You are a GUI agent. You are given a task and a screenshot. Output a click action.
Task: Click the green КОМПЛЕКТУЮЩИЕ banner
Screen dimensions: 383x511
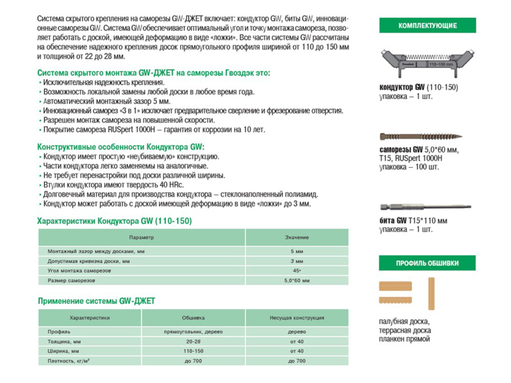(427, 26)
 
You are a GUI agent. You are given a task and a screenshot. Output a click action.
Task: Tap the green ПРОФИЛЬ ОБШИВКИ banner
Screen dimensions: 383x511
(427, 263)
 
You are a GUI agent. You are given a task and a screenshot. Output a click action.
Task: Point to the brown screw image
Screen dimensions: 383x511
(427, 137)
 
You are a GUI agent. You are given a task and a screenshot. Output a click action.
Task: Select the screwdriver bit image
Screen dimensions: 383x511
(427, 206)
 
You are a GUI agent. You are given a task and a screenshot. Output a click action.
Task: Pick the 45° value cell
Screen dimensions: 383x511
(297, 271)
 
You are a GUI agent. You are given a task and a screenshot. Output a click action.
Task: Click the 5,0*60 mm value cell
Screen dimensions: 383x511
(297, 280)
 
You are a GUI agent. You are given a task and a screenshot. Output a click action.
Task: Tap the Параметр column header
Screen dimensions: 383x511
(142, 237)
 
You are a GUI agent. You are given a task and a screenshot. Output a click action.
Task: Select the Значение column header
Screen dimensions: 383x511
(297, 237)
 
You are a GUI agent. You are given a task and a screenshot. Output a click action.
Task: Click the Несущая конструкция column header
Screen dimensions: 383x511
(297, 317)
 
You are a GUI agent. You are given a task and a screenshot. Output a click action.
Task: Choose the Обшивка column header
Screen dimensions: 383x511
(194, 317)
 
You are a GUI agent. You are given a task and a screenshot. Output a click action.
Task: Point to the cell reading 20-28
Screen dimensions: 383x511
(194, 342)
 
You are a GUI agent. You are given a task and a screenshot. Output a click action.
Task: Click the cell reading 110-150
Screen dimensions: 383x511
(194, 351)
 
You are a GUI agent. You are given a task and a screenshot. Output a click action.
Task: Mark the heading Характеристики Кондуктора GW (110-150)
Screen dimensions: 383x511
(115, 221)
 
